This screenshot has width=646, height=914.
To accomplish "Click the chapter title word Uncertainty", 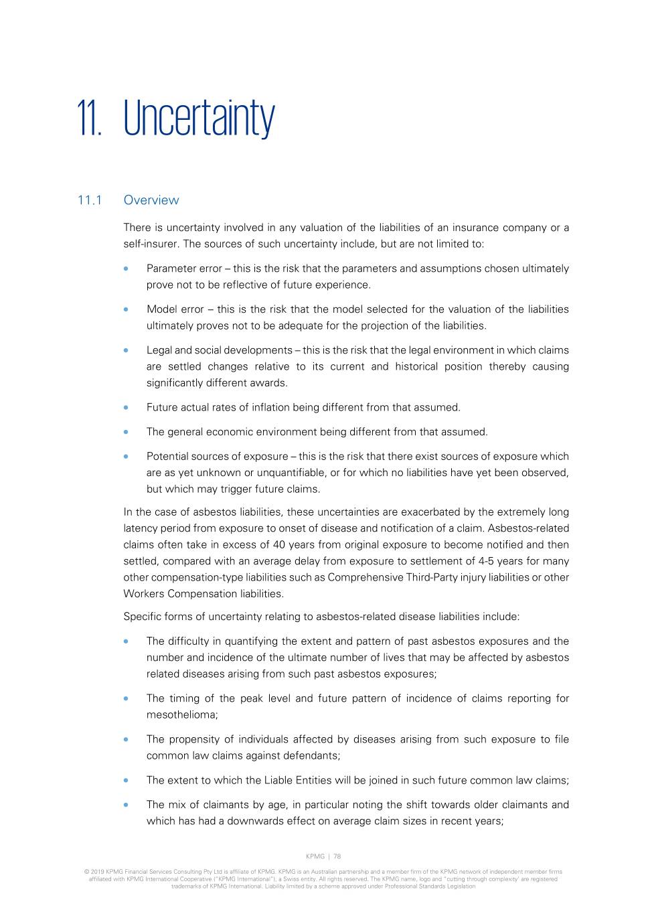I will [199, 119].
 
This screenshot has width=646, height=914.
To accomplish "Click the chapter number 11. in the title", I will [89, 119].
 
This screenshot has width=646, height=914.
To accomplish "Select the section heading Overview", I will [151, 200].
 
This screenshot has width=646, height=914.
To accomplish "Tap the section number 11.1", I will [89, 200].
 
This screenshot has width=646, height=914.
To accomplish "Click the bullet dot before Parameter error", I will [126, 269].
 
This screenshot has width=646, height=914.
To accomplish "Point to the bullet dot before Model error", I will [126, 309].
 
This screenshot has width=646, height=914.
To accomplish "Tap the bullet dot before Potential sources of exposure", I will [126, 457].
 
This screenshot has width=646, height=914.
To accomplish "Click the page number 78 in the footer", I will [337, 856].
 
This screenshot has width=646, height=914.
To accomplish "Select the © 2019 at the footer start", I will [93, 872].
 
